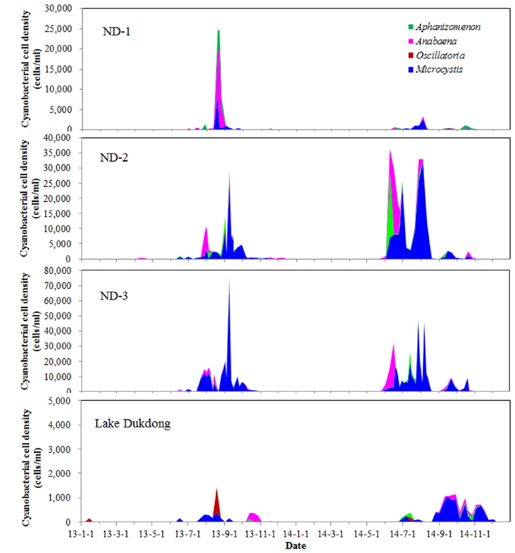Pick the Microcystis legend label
[x=439, y=70]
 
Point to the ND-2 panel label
[x=115, y=156]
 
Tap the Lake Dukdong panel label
[x=132, y=423]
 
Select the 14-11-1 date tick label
[x=474, y=534]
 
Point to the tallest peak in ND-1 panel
[x=218, y=31]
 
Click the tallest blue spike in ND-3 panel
[x=230, y=280]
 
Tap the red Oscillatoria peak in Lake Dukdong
[x=217, y=490]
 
